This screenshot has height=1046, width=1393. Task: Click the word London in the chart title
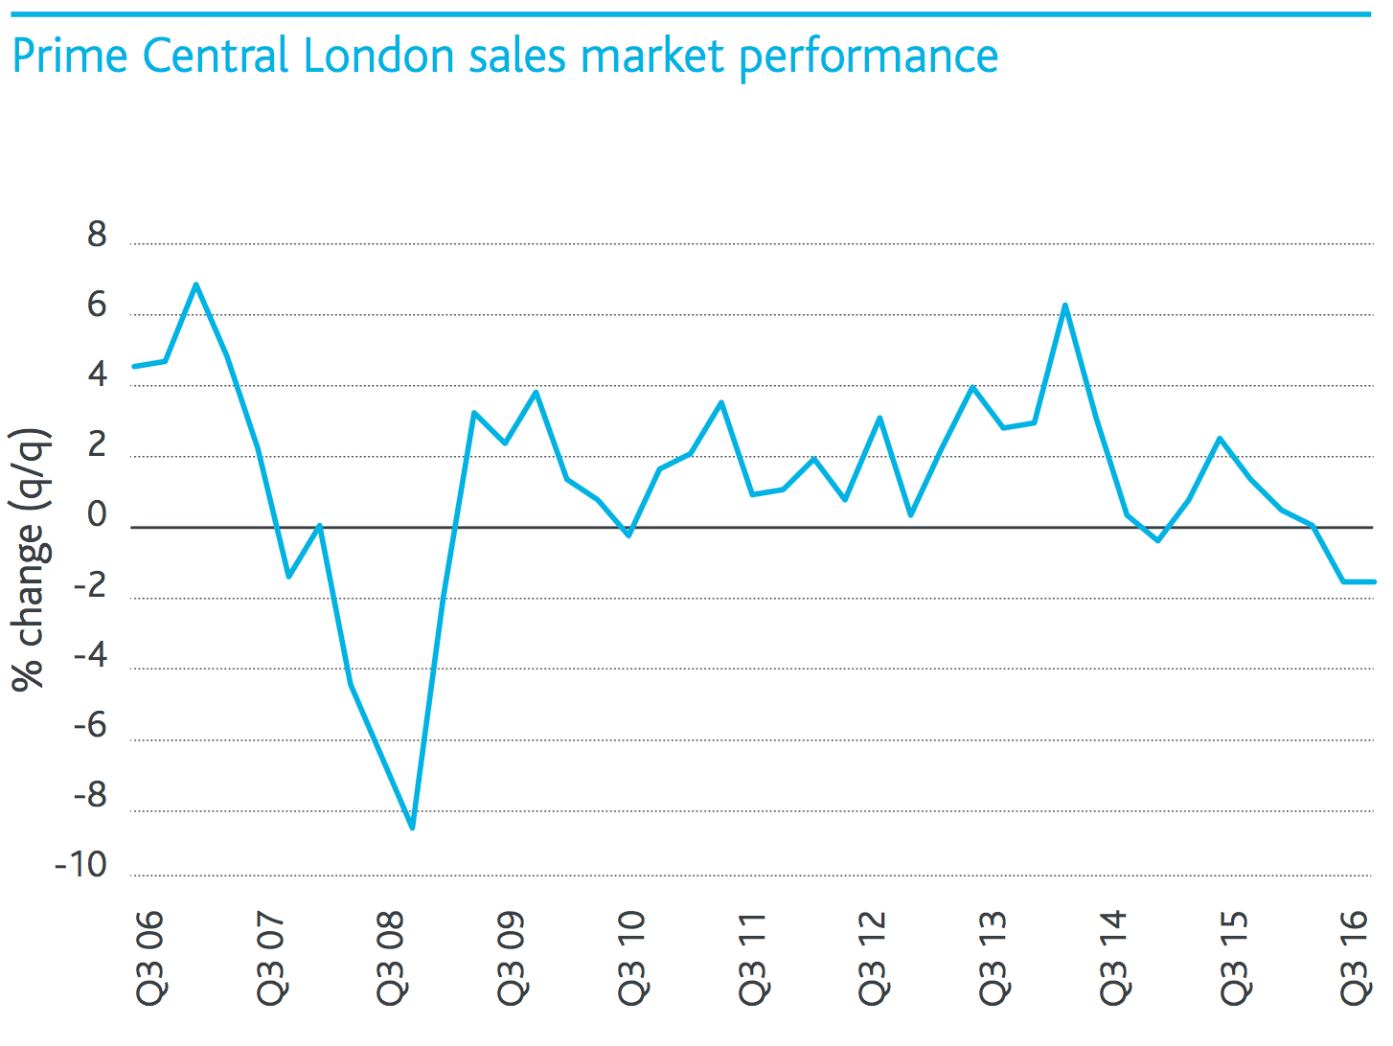pos(378,56)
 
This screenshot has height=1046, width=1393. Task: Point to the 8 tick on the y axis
pos(97,235)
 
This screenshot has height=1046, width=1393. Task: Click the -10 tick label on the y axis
pos(81,866)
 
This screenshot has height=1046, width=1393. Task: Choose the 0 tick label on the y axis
pos(97,515)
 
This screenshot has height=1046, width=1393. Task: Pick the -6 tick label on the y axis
pos(91,726)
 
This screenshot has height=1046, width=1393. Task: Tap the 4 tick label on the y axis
pos(97,375)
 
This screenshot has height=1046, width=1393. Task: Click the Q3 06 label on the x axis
pos(150,958)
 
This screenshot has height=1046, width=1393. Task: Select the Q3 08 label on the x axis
pos(391,958)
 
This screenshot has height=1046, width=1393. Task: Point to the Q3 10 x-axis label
pos(631,958)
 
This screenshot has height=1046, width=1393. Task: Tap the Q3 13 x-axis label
pos(993,958)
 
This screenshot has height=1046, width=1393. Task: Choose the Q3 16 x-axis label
pos(1355,958)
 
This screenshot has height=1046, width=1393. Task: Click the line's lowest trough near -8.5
pos(412,828)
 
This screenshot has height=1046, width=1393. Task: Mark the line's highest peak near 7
pos(195,284)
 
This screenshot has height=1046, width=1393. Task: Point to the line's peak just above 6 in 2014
pos(1064,306)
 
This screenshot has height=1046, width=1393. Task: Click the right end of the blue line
pos(1374,581)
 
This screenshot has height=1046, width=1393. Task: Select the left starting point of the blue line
pos(134,366)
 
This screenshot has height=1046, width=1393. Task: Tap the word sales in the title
pos(518,56)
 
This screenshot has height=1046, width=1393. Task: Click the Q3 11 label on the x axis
pos(752,958)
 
